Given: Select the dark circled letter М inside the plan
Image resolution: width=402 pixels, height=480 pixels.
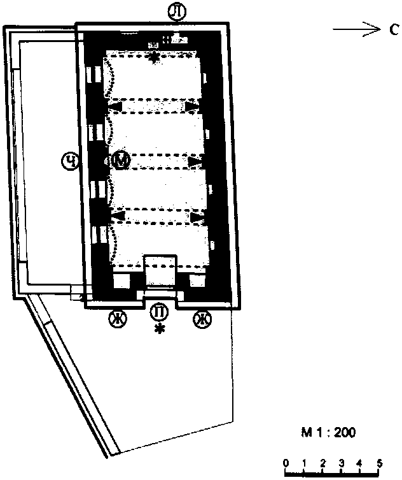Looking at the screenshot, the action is point(121,161).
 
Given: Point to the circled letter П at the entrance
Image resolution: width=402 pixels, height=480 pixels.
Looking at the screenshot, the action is point(159,312).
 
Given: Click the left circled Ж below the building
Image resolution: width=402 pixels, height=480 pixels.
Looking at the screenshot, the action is point(118,319).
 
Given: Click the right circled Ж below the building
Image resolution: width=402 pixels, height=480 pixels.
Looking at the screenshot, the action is point(202,319).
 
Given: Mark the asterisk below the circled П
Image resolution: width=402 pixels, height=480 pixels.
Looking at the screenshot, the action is point(160,330).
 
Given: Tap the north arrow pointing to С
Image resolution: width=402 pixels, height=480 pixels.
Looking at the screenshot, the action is point(357,30).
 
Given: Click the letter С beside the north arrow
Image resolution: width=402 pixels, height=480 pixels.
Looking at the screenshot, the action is point(394,30).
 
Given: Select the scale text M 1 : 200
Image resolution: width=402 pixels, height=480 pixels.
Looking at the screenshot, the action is point(328,433).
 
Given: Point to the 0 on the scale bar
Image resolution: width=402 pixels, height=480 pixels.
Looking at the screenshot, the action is point(286,463).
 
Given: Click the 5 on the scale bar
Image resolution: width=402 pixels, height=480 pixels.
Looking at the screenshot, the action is point(379,463).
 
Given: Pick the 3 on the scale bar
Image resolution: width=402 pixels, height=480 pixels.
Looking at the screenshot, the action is point(341,463).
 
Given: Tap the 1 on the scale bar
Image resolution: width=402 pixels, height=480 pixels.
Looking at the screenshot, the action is point(304,463).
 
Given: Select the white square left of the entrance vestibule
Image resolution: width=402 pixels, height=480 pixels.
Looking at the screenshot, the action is point(121,280).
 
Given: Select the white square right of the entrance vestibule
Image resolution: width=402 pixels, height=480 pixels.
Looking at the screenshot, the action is point(197,280).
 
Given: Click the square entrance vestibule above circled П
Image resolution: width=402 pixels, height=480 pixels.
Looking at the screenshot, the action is point(160,271).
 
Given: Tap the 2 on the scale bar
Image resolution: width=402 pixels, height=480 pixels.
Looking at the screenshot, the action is point(322,463).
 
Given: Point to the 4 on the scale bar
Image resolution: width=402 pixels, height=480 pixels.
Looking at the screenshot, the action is point(359,463).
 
